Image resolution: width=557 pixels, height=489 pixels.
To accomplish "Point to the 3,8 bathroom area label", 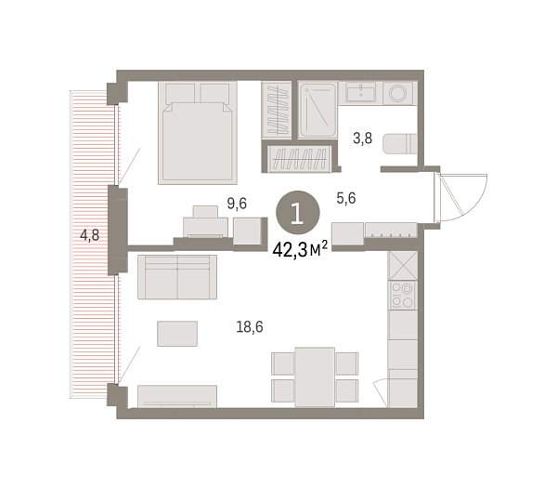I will click(362, 140).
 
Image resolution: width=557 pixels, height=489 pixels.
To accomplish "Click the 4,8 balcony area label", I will click(90, 235).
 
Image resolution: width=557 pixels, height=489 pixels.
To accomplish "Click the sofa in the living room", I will click(176, 276).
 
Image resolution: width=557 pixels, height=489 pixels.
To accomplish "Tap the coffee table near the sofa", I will click(176, 333).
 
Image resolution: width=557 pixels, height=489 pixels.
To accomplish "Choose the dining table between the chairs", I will click(315, 375).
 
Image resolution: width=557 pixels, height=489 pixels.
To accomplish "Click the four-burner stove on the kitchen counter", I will click(403, 297).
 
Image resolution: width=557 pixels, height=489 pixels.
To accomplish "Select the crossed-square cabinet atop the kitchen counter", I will click(403, 265).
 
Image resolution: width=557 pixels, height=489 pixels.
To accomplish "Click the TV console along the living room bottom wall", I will click(176, 396).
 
